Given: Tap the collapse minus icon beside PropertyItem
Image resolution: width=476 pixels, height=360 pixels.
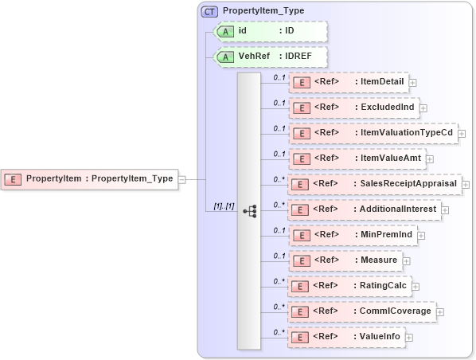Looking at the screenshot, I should point(182,179).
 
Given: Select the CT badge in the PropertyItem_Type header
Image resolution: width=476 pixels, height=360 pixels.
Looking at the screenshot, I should point(210,12).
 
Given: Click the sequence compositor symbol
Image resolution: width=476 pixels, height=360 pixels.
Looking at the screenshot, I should point(249,210).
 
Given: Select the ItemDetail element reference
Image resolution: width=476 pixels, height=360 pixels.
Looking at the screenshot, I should point(347,82).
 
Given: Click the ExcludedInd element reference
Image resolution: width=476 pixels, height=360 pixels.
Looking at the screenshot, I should point(353,108).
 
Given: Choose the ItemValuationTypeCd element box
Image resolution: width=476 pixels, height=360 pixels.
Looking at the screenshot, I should point(372,133).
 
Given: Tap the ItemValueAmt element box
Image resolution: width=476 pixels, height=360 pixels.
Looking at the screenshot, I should point(356,158).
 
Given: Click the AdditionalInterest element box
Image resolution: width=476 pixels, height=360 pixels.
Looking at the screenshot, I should point(364,209).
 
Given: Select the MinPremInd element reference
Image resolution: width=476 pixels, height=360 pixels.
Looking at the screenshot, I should point(353,235).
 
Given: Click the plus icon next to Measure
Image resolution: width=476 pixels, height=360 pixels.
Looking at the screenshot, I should point(406,260).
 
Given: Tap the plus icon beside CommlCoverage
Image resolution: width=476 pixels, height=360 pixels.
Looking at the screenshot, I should point(439,311).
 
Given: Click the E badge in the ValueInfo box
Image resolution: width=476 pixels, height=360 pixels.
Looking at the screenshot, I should point(301,338).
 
